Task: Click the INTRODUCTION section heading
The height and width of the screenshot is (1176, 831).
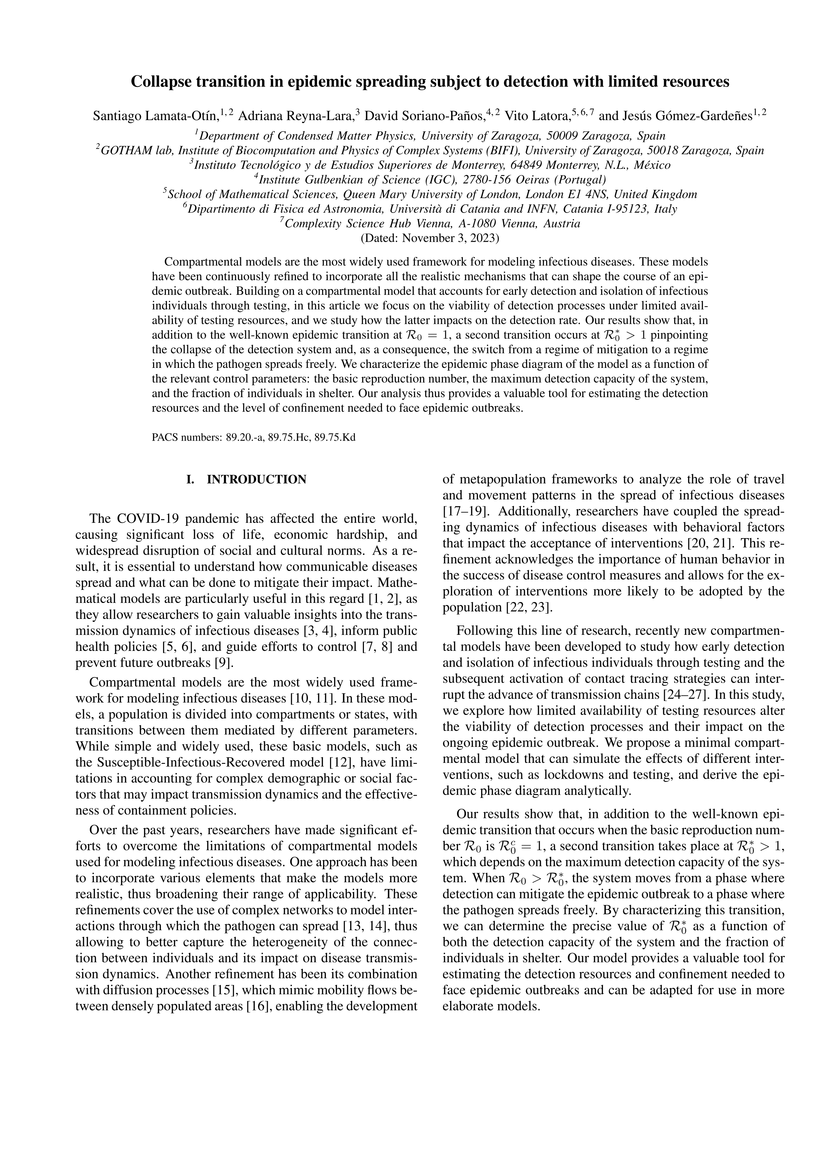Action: point(256,480)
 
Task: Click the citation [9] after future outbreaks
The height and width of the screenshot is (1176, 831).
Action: point(224,663)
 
